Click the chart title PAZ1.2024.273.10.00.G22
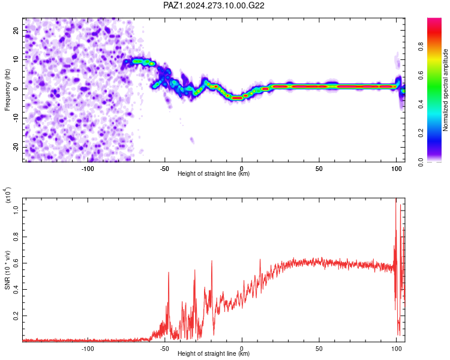pos(214,5)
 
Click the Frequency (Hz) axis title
pos(7,90)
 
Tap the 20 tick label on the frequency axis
pos(16,30)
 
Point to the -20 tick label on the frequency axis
pos(16,147)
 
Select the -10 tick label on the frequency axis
pos(16,118)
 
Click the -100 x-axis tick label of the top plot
pos(88,169)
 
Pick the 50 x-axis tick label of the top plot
pos(319,169)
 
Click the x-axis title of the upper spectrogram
pos(214,173)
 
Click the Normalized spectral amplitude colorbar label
pos(445,90)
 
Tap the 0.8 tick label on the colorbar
pos(421,46)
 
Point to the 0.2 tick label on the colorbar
pos(421,133)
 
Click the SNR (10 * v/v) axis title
pos(7,270)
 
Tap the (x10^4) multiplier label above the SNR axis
pos(8,195)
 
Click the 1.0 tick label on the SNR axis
pos(16,211)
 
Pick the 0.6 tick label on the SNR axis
pos(16,263)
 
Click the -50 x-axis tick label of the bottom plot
pos(164,349)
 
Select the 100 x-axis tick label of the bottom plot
pos(397,349)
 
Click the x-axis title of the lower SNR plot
pos(214,353)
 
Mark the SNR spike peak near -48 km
pos(169,272)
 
